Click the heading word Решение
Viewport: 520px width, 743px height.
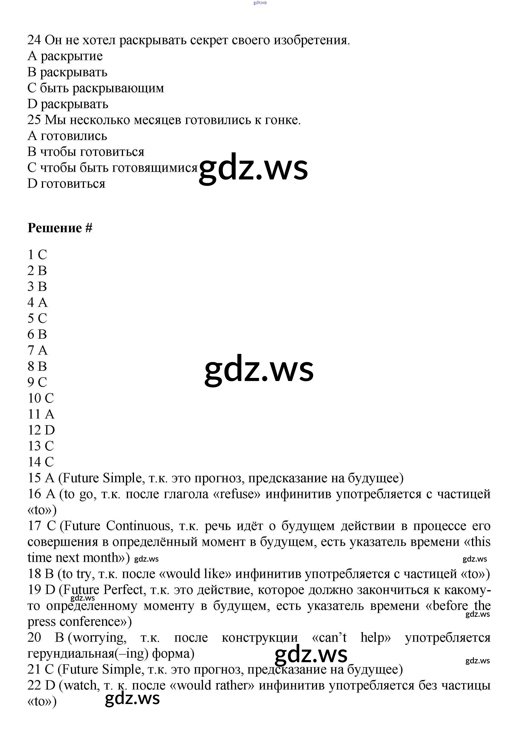click(x=54, y=228)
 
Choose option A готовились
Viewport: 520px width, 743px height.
click(x=67, y=136)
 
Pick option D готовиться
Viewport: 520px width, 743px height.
click(x=66, y=184)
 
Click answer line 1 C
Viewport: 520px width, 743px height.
click(x=37, y=255)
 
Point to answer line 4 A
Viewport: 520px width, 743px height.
click(x=37, y=303)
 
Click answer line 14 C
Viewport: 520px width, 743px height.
click(x=41, y=462)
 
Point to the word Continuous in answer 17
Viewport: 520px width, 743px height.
click(x=138, y=526)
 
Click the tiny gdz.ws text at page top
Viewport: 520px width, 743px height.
click(x=260, y=3)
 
